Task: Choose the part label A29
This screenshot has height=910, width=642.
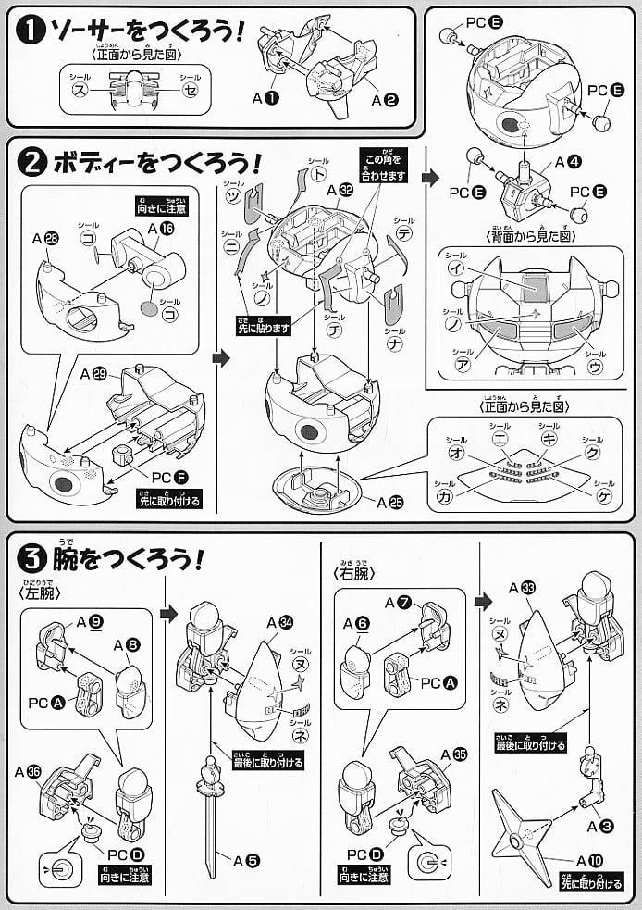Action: coord(94,374)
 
